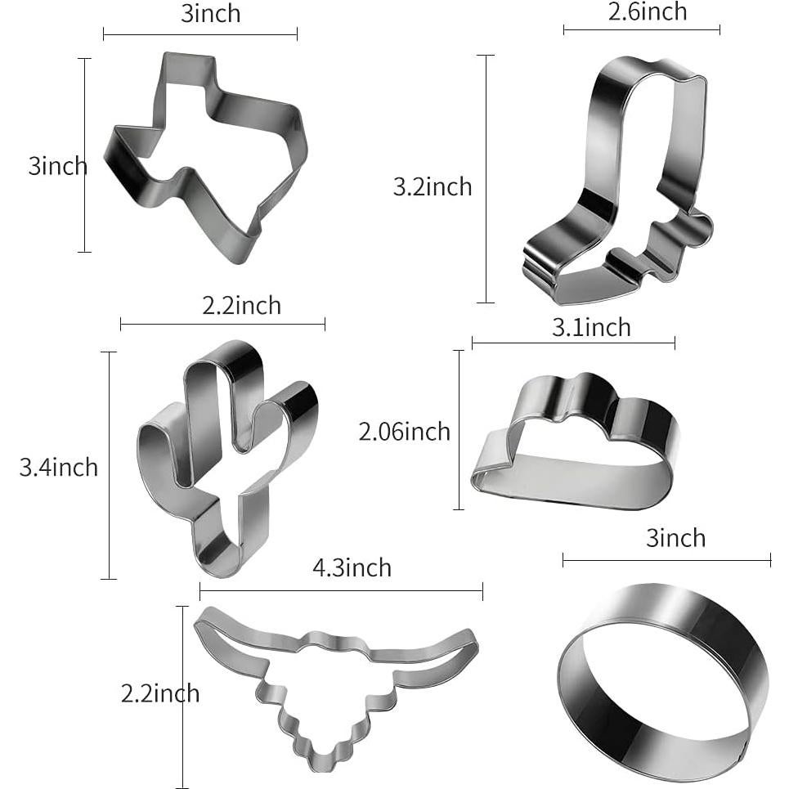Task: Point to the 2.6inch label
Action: [647, 12]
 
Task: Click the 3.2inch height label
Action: [433, 186]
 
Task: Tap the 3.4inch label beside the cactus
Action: [59, 468]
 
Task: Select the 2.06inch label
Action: [404, 432]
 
